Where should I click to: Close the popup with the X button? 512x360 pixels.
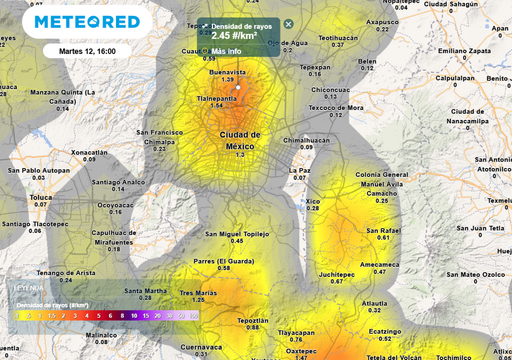[288, 24]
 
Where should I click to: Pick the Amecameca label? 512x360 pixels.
[379, 264]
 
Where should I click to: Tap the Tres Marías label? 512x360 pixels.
[198, 293]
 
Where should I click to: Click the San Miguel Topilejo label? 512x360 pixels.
[237, 234]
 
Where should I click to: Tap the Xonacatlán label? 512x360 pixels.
[90, 152]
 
